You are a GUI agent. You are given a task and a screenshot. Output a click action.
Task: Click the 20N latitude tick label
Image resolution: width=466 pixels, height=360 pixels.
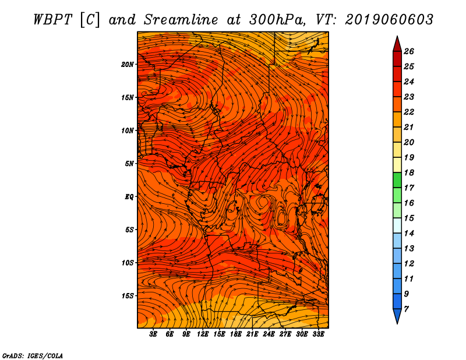tap(127, 65)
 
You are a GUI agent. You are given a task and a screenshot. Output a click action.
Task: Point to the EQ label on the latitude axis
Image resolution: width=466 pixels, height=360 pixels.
tap(129, 197)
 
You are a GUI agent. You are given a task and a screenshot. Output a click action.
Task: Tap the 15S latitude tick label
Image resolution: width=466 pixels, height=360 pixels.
tap(128, 296)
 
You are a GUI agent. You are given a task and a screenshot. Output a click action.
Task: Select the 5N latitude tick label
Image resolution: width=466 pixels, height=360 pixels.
tap(129, 164)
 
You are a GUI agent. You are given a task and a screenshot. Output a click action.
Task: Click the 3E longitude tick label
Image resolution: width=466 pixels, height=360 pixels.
tap(153, 334)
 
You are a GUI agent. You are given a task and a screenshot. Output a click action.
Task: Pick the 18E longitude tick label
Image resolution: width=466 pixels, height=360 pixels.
tap(236, 334)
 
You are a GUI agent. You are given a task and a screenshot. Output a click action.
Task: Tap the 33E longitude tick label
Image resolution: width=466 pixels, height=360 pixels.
tap(318, 334)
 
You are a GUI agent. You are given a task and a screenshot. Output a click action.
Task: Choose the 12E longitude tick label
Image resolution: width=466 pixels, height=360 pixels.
tap(203, 334)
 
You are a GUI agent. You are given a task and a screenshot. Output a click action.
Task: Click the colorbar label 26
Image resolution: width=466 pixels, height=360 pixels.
tap(409, 51)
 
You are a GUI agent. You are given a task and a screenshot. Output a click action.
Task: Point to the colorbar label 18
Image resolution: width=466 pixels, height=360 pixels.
tap(409, 172)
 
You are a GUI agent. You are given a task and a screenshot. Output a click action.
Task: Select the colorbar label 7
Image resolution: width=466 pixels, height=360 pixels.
tap(407, 309)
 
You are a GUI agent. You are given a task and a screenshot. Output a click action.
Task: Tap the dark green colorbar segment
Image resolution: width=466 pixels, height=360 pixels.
tap(397, 180)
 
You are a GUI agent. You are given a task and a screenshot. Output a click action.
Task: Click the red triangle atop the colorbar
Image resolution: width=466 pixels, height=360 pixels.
tap(397, 44)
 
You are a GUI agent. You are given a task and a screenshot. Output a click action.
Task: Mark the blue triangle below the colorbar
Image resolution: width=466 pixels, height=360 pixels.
tap(397, 316)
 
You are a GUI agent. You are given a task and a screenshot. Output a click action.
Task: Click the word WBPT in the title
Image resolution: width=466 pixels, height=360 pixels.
tap(52, 20)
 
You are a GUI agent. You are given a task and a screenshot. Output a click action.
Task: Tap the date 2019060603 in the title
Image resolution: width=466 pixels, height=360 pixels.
tap(389, 20)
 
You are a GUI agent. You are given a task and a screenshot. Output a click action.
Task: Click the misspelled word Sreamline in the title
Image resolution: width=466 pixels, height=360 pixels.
tap(181, 20)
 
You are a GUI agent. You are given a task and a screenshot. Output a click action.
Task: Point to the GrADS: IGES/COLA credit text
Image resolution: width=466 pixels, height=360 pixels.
tap(33, 355)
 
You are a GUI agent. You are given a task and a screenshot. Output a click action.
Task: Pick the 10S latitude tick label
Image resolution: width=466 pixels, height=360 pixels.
tap(128, 263)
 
